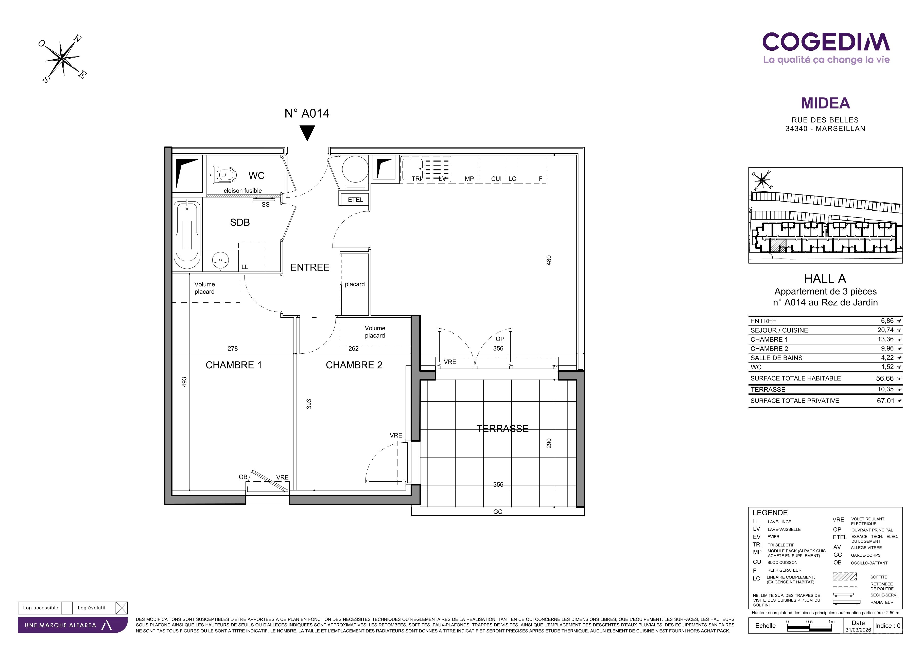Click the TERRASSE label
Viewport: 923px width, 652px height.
502,429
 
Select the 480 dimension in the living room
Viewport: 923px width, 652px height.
549,260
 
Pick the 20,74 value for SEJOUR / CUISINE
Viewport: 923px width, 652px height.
885,330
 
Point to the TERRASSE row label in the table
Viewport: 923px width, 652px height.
768,389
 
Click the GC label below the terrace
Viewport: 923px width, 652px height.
498,512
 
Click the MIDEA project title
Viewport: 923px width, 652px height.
825,103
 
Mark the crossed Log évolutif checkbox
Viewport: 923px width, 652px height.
121,608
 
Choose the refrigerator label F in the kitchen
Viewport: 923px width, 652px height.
541,179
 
